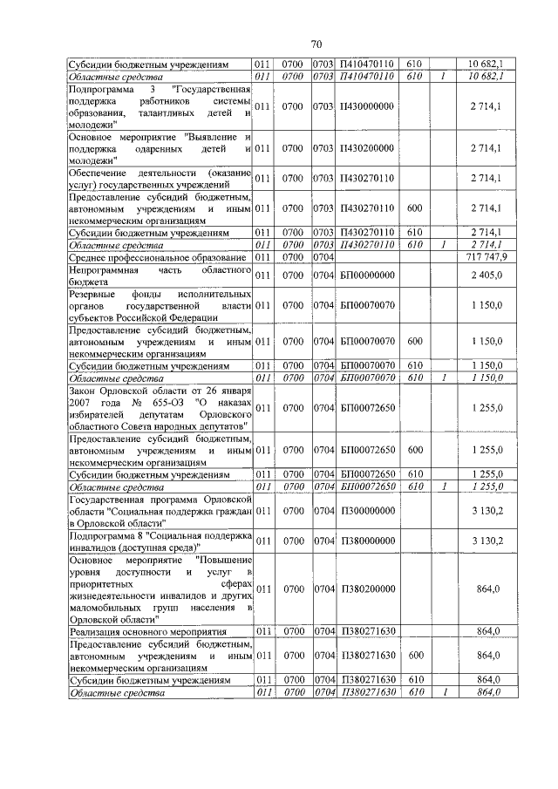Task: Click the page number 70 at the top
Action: click(x=316, y=44)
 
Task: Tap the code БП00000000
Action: click(x=367, y=275)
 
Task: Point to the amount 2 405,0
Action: click(x=486, y=275)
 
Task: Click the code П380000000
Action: click(x=367, y=541)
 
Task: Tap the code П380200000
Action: click(x=367, y=588)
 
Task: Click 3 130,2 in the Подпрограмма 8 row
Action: click(x=486, y=541)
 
